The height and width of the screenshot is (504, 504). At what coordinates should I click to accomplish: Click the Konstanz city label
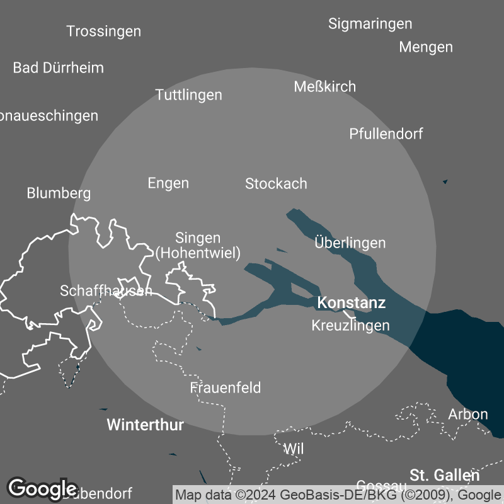click(x=351, y=303)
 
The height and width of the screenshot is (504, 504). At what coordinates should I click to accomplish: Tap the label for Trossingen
click(x=103, y=31)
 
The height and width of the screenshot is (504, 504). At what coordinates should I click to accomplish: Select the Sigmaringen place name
click(x=370, y=24)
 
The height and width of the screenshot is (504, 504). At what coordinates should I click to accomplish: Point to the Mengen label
click(x=426, y=47)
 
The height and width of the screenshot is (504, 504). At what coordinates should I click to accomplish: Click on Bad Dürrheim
click(x=58, y=67)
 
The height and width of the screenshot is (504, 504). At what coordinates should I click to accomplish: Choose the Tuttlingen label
click(x=188, y=95)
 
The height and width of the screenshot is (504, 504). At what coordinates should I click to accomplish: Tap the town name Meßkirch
click(x=324, y=87)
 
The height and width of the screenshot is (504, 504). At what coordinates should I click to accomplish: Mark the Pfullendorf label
click(x=386, y=134)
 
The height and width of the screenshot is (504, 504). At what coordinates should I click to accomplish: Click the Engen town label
click(x=168, y=183)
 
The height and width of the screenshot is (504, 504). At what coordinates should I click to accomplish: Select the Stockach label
click(x=276, y=184)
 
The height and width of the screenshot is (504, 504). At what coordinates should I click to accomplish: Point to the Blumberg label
click(x=59, y=193)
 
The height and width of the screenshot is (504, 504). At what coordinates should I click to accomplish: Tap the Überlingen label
click(x=350, y=243)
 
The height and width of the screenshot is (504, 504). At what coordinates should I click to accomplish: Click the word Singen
click(x=198, y=238)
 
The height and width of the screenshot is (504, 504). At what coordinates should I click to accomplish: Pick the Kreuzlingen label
click(x=350, y=326)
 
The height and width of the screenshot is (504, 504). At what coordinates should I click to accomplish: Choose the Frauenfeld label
click(x=226, y=387)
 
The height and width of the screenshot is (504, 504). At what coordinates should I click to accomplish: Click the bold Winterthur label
click(x=145, y=425)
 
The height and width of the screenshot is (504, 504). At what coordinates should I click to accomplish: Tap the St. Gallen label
click(x=444, y=475)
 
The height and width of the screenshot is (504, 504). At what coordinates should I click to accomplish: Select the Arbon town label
click(x=467, y=414)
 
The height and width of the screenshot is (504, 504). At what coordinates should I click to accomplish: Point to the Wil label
click(x=294, y=449)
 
